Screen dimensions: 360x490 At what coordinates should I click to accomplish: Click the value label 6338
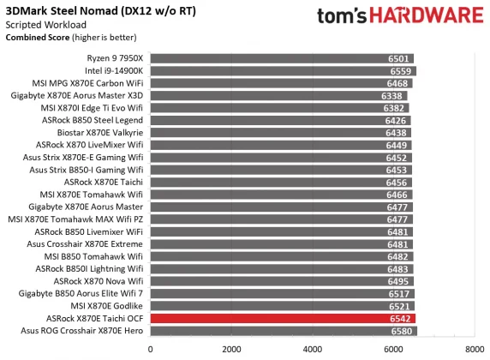(394, 96)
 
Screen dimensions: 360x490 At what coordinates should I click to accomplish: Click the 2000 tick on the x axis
(231, 349)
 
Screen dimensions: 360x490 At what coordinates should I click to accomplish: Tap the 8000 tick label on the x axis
(474, 349)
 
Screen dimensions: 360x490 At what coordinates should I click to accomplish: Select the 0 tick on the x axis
(151, 349)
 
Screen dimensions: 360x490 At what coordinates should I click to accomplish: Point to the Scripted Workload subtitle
(41, 25)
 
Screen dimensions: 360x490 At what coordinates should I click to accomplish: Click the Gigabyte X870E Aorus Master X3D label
(86, 96)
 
